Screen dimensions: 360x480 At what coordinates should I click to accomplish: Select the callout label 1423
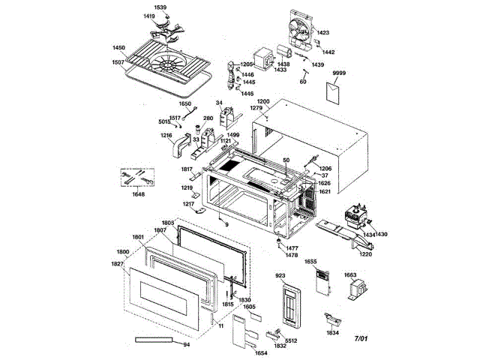point(323,33)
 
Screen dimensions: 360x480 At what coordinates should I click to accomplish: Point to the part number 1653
point(351,276)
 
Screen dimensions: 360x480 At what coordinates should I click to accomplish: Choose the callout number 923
point(281,276)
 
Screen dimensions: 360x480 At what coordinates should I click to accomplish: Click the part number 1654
point(261,352)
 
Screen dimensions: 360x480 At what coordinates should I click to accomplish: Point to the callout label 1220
point(366,253)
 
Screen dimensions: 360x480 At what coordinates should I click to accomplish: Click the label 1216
point(166,135)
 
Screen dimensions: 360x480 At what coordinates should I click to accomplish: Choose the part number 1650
point(185,103)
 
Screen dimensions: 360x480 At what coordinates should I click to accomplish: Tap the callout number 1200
point(263,100)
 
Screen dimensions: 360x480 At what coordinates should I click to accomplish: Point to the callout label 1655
point(310,262)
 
